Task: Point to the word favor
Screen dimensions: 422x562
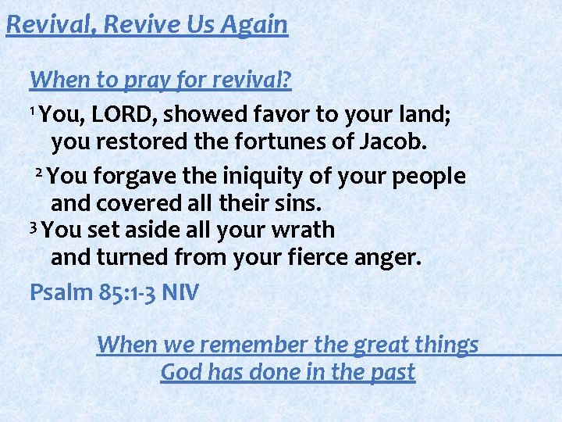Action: (281, 116)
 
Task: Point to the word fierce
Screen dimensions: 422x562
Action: (327, 258)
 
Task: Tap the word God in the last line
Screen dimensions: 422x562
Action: (181, 372)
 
